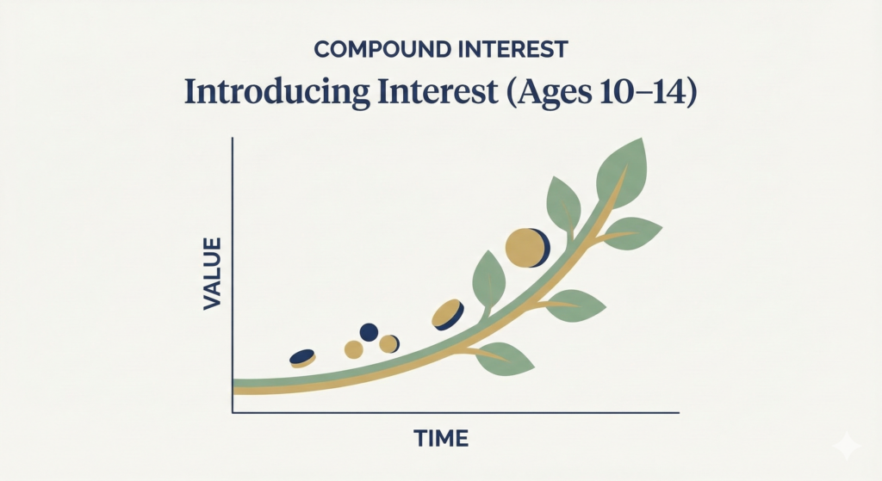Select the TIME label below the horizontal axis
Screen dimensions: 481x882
point(441,439)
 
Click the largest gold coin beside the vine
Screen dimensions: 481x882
point(525,247)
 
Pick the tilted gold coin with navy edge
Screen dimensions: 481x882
point(447,314)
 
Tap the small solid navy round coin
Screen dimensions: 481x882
point(369,332)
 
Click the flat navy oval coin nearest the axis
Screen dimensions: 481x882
point(302,357)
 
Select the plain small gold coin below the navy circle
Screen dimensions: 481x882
point(353,348)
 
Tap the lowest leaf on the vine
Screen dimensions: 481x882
point(506,359)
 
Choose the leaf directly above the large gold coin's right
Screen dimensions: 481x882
point(563,203)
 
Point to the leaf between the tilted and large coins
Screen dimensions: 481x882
point(488,279)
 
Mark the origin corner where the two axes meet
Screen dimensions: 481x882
point(233,413)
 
